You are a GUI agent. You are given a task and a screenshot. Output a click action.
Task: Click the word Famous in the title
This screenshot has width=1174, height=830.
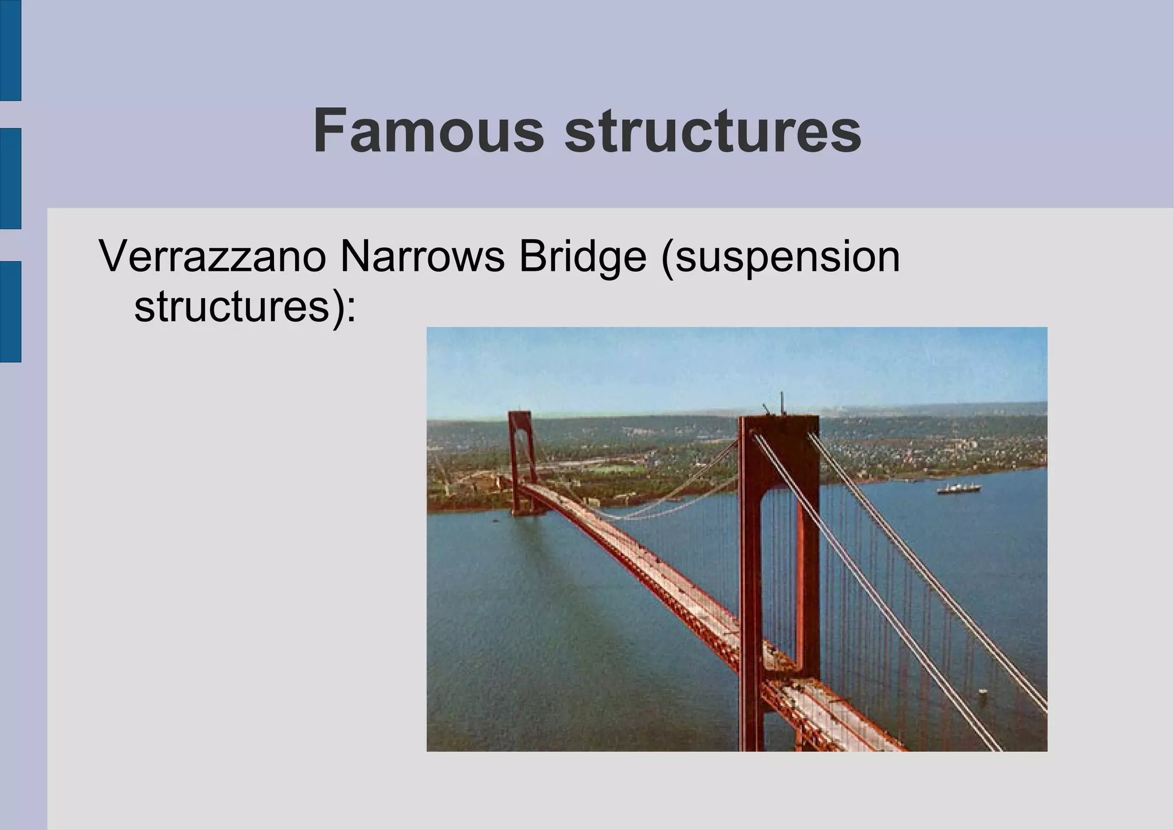(x=428, y=132)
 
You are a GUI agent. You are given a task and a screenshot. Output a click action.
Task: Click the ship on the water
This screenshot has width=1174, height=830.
(x=958, y=489)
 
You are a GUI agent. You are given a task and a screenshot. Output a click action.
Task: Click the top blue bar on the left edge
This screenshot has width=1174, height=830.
(x=10, y=50)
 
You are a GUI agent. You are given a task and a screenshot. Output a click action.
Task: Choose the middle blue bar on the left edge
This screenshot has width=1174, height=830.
(x=10, y=178)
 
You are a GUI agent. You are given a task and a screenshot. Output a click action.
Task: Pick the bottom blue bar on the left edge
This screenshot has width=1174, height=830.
(x=10, y=311)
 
